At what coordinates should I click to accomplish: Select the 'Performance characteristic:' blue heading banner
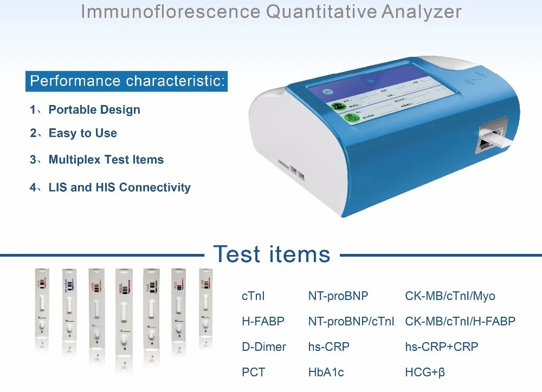[127, 81]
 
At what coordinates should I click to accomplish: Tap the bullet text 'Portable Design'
[94, 110]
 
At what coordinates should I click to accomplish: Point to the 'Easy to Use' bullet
[82, 133]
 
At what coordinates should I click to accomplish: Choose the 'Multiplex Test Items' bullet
[106, 160]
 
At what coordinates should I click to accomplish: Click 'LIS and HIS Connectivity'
[119, 188]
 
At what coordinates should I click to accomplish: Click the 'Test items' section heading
[272, 253]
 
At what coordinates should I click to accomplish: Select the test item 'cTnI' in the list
[253, 296]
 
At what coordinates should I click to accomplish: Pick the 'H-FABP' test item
[263, 322]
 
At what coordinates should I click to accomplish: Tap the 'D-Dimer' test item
[263, 347]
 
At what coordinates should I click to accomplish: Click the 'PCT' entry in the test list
[253, 373]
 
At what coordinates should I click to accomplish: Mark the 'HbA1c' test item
[326, 373]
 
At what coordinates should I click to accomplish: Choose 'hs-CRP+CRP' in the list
[442, 347]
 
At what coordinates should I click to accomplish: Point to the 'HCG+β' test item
[425, 373]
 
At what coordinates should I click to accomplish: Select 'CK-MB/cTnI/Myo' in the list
[450, 296]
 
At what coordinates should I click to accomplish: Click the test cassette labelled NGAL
[123, 309]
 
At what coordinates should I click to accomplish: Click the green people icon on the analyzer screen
[336, 106]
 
